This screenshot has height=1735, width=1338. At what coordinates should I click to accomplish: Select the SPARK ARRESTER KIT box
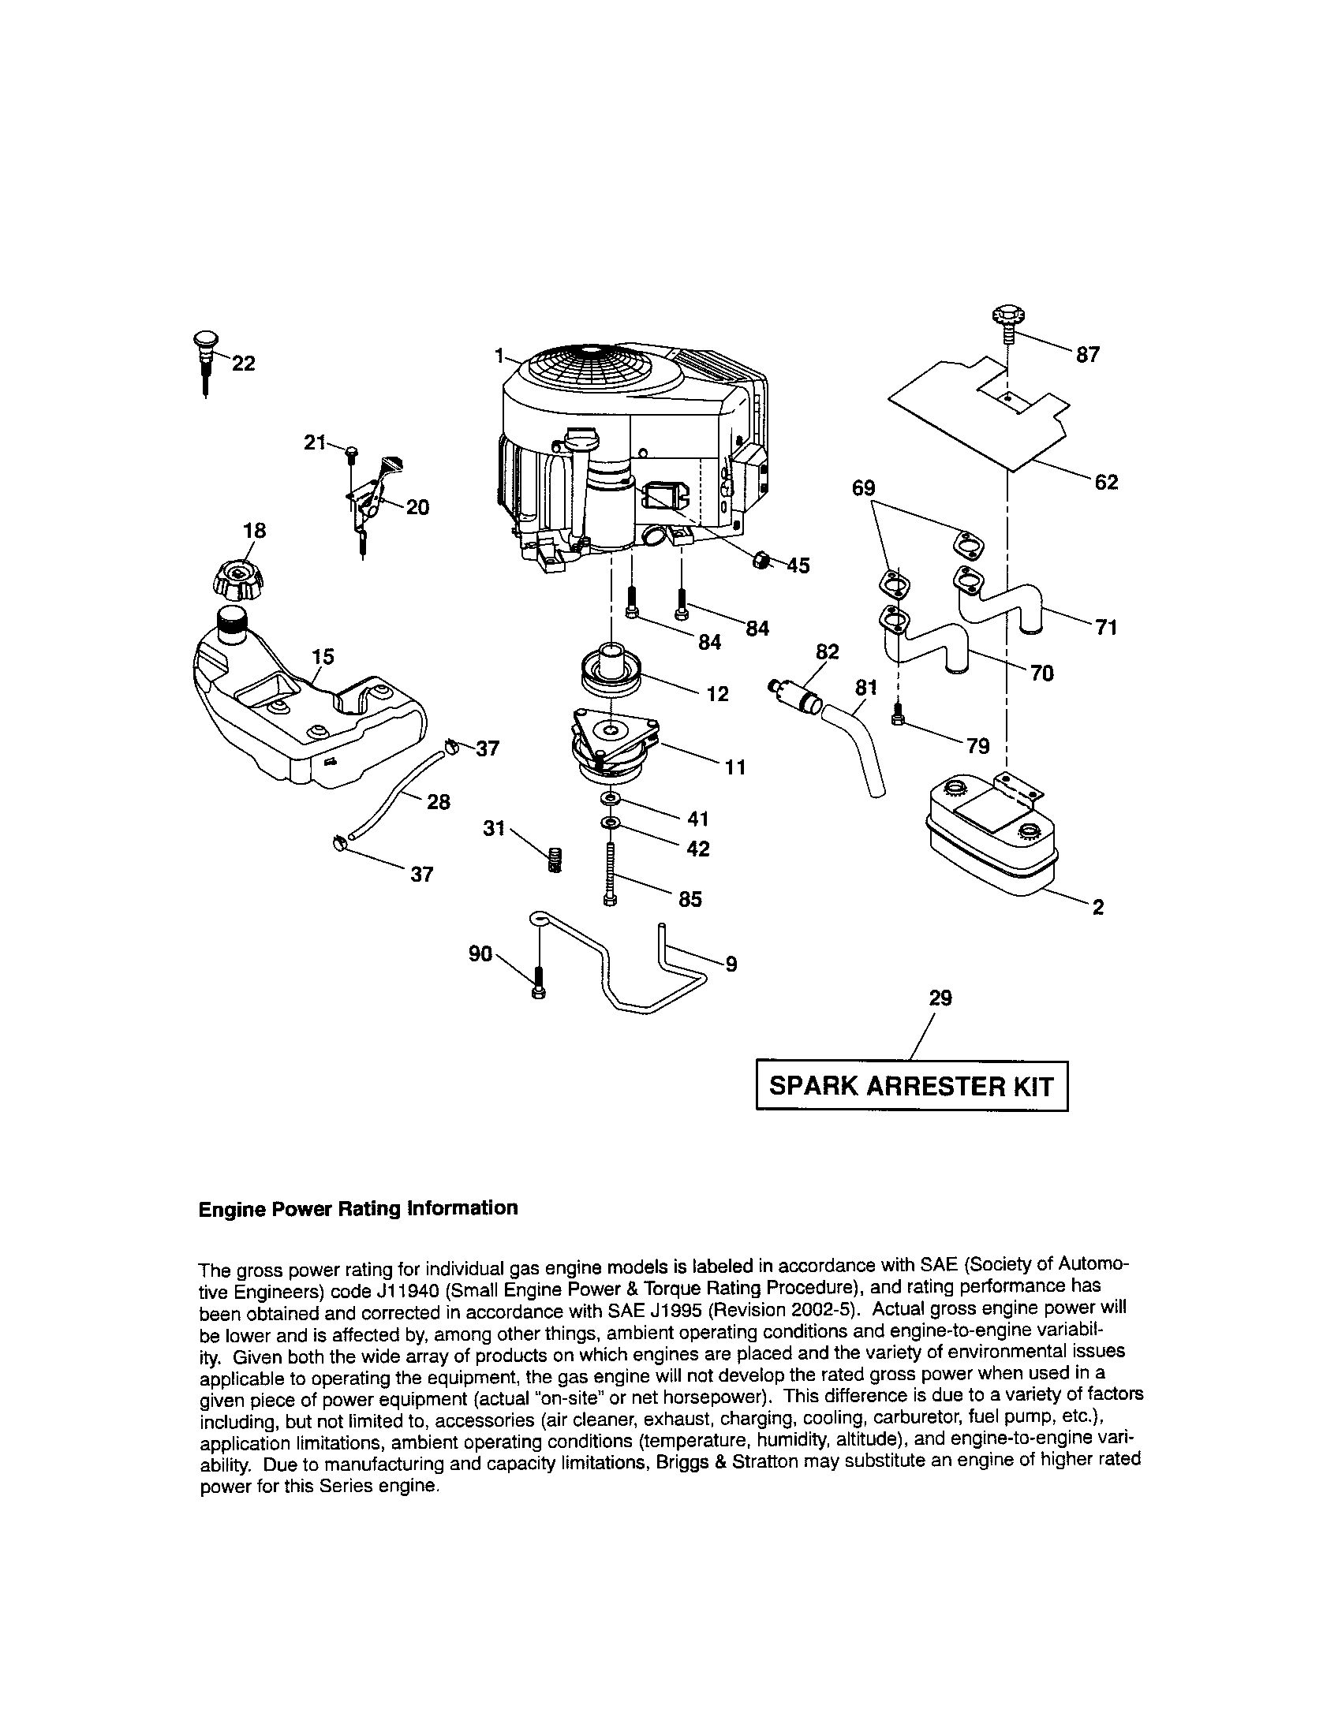(x=911, y=1086)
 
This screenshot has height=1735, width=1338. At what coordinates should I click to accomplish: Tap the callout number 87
(x=1087, y=355)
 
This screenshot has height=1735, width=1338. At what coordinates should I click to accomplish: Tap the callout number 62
(x=1106, y=482)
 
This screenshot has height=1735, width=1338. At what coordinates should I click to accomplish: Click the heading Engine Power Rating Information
(x=357, y=1208)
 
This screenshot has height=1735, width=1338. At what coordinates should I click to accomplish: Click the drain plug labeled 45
(x=761, y=561)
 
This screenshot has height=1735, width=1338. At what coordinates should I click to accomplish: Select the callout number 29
(x=940, y=998)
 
